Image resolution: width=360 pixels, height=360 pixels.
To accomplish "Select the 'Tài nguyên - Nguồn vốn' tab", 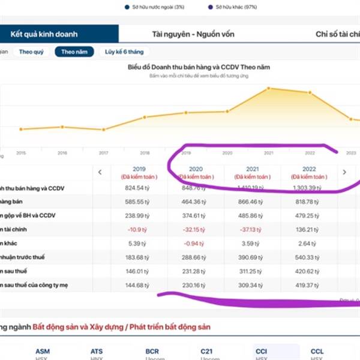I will (x=185, y=34).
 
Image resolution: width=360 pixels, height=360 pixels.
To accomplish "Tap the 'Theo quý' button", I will (x=31, y=52).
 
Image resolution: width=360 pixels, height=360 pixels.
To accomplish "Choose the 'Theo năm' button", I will (x=74, y=52).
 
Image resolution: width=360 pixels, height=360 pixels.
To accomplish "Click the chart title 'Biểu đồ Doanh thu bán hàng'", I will (x=199, y=67).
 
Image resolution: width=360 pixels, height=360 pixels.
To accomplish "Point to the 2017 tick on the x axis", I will (x=104, y=153).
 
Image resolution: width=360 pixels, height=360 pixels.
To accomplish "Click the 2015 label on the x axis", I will (x=21, y=153).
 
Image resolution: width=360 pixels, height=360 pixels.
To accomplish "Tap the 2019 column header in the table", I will (x=139, y=169).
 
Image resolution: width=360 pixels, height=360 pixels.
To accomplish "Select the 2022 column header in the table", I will (x=308, y=169).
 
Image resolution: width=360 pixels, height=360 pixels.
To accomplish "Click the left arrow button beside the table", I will (x=100, y=172).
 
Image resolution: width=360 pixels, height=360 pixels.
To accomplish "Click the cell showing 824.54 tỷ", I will (x=136, y=188).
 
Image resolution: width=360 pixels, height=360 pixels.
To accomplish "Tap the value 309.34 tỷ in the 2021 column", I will (x=250, y=284).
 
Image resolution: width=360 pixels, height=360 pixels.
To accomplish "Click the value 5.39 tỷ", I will (x=139, y=243).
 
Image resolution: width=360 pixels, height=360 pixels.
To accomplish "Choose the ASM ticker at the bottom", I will (x=43, y=351).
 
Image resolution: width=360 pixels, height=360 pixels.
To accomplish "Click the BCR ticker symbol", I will (x=152, y=351).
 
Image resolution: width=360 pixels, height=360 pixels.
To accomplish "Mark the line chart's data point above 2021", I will (x=269, y=88).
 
